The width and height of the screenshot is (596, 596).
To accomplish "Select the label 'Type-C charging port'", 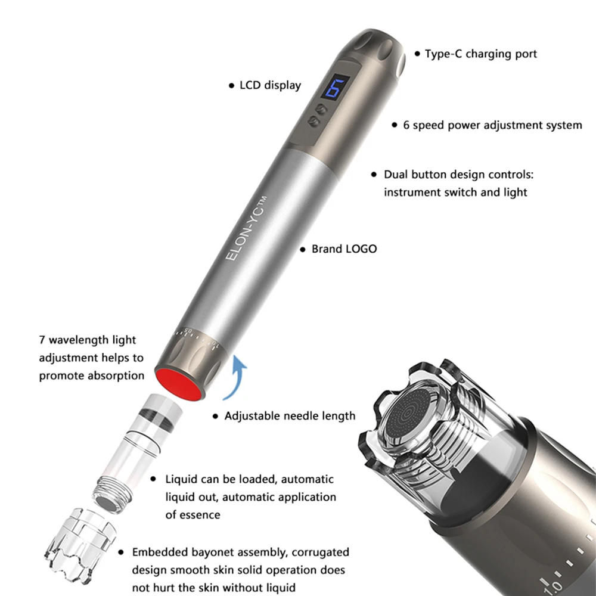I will [x=480, y=54].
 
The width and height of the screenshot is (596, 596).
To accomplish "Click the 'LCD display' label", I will [x=270, y=85].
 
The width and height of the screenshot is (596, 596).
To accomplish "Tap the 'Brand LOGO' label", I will [x=344, y=249].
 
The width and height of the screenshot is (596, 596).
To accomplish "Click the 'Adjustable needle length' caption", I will [x=290, y=416].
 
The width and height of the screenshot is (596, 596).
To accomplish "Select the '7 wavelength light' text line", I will [x=88, y=340].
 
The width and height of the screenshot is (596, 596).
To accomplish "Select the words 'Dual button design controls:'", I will [x=459, y=175].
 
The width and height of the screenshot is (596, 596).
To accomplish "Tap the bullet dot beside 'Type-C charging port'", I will [x=417, y=54].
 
